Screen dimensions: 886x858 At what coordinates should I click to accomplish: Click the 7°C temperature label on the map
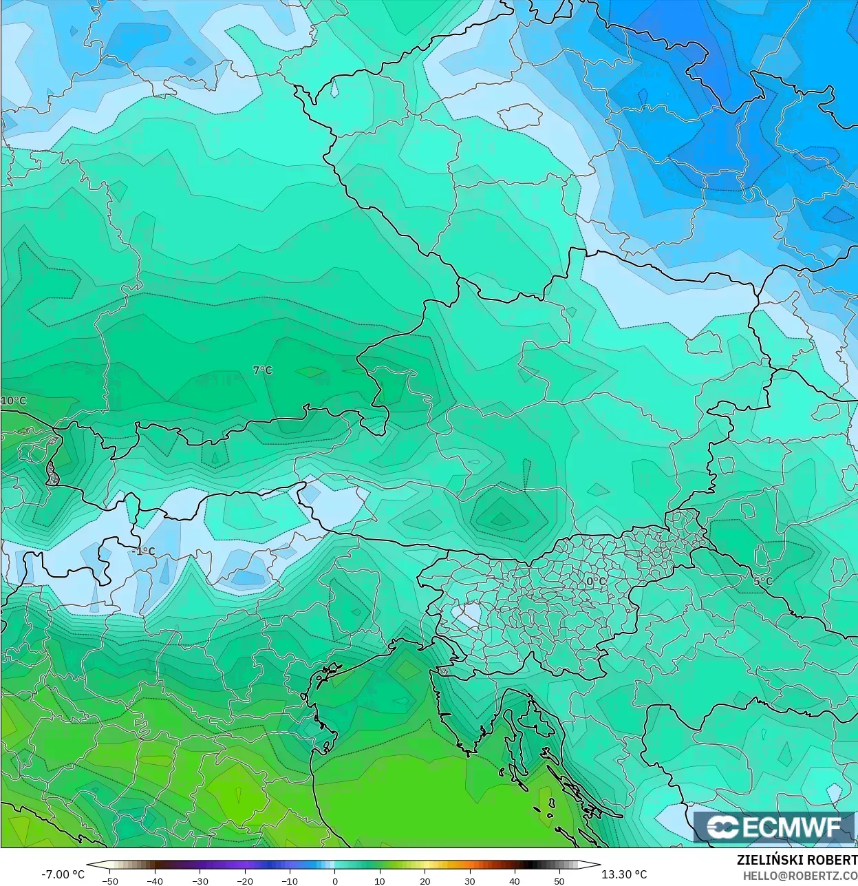(x=262, y=370)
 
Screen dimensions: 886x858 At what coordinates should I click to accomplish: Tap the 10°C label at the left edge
(x=13, y=401)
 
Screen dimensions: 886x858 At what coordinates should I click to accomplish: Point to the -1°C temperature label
(x=143, y=551)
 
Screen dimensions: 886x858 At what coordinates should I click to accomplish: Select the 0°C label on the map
(x=596, y=582)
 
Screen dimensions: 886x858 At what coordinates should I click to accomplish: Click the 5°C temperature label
(x=762, y=581)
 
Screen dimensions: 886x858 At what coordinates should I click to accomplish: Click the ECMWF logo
(x=775, y=827)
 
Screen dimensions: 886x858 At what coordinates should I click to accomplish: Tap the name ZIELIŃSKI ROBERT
(x=797, y=861)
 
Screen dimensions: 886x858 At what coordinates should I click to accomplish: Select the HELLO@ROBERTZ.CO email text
(x=800, y=874)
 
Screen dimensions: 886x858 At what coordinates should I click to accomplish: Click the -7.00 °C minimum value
(x=63, y=874)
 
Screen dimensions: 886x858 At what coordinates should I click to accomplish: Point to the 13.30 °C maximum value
(x=624, y=874)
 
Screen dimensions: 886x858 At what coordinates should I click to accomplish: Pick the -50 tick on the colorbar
(x=110, y=880)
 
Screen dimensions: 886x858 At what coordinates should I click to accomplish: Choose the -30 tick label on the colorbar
(x=200, y=880)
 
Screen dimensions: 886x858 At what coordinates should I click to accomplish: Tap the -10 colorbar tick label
(x=290, y=880)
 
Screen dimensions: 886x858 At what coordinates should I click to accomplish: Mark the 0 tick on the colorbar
(x=335, y=880)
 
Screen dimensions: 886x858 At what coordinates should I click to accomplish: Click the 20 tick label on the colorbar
(x=425, y=880)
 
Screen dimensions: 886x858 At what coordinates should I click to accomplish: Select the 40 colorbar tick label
(x=514, y=880)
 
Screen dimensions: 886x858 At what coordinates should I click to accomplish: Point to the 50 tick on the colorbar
(x=559, y=880)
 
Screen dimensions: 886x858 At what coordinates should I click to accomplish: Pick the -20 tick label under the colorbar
(x=245, y=880)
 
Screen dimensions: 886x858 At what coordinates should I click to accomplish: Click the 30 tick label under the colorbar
(x=469, y=880)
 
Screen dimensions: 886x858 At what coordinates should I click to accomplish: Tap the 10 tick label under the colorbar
(x=380, y=880)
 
